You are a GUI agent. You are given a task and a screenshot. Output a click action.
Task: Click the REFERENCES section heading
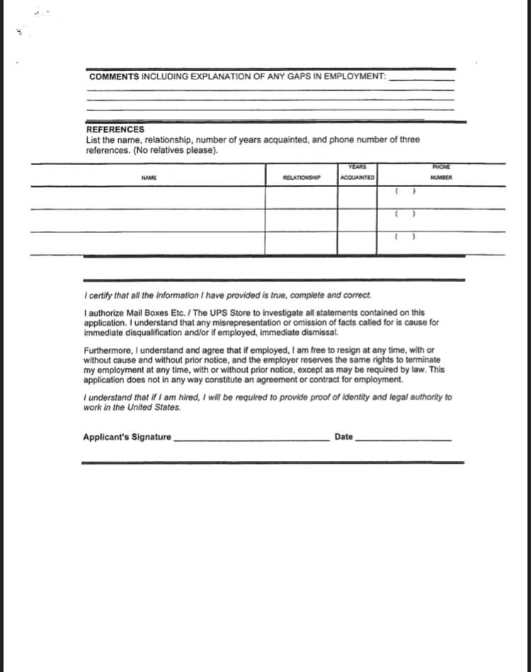115,130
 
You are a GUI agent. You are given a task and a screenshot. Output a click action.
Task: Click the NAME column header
148,177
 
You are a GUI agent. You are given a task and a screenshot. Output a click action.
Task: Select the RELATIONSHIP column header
302,177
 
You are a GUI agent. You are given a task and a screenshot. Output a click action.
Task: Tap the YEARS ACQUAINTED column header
357,173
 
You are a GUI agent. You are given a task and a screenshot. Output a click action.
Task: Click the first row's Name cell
148,198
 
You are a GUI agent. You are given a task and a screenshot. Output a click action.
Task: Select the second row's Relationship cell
302,220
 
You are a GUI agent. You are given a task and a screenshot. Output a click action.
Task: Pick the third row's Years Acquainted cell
357,243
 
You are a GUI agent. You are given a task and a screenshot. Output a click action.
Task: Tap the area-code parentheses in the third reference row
404,237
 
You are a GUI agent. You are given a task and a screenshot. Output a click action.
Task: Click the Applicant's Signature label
127,437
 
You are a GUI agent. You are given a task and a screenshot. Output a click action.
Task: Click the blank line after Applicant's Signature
251,438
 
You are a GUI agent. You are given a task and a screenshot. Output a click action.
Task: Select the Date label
343,437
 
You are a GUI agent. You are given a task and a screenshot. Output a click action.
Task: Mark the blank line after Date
403,438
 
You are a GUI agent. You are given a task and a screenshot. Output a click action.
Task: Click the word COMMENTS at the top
114,76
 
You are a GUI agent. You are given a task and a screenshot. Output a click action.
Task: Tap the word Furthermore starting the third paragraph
106,351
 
